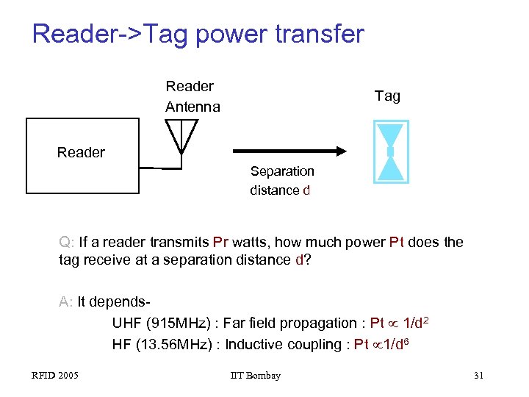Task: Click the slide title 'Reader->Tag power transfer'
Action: click(x=198, y=34)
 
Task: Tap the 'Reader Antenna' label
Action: click(x=192, y=96)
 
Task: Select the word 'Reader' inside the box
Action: click(x=81, y=153)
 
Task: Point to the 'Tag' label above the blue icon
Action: click(x=387, y=96)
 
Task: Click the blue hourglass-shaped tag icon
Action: click(x=391, y=151)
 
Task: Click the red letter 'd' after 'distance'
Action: click(x=306, y=190)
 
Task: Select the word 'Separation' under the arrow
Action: click(x=281, y=171)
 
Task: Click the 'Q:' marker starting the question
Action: click(x=66, y=242)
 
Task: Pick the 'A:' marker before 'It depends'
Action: click(x=66, y=301)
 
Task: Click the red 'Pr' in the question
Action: click(x=221, y=242)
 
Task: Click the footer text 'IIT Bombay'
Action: click(x=255, y=376)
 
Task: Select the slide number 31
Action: click(x=478, y=376)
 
